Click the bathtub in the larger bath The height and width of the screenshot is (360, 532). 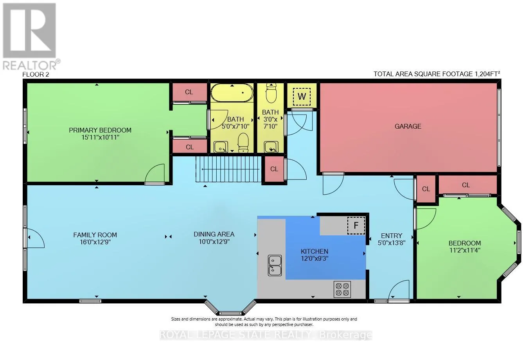click(232, 93)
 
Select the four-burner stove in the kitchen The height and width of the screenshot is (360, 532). click(342, 289)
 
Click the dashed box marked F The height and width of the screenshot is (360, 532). click(356, 226)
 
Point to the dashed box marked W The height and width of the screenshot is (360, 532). click(302, 96)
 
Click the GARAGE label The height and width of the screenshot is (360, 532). click(408, 126)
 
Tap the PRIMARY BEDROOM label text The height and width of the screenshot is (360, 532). click(100, 130)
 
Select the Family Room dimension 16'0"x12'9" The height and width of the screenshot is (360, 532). click(95, 242)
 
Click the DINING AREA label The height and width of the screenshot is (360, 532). click(214, 234)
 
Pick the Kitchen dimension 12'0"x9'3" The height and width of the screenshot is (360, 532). click(314, 258)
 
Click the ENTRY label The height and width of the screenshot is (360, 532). click(391, 235)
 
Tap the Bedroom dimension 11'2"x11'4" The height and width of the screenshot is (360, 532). click(464, 250)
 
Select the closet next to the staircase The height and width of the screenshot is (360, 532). click(274, 169)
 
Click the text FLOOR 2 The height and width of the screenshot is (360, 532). click(36, 74)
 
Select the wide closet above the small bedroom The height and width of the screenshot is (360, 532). click(465, 185)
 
